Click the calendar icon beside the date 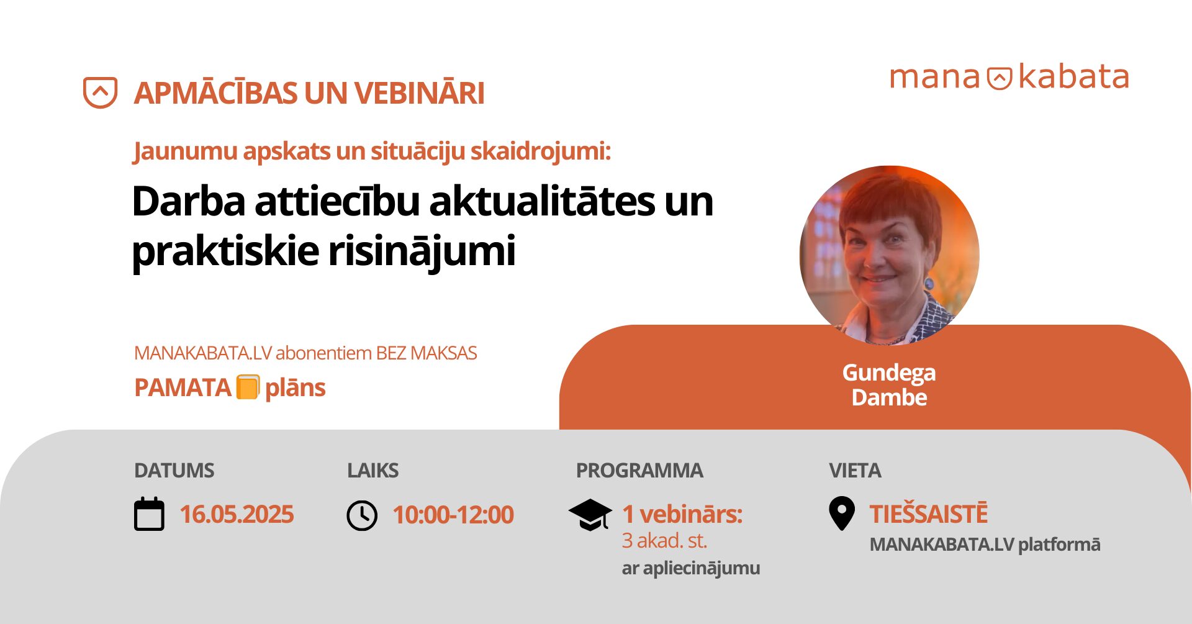point(149,514)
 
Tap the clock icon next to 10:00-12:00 point(362,515)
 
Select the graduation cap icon point(590,515)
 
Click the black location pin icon point(842,513)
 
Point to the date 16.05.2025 point(237,515)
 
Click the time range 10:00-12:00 point(453,515)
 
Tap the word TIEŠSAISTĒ point(928,514)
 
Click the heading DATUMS point(174,471)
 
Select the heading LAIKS point(372,471)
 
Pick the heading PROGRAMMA point(639,471)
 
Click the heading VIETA point(855,471)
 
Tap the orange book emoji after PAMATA point(248,387)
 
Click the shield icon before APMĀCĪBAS point(100,93)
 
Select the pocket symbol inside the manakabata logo point(1000,78)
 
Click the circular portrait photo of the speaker point(889,255)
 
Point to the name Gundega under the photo point(889,373)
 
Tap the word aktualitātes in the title point(542,202)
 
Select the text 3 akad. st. point(664,541)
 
